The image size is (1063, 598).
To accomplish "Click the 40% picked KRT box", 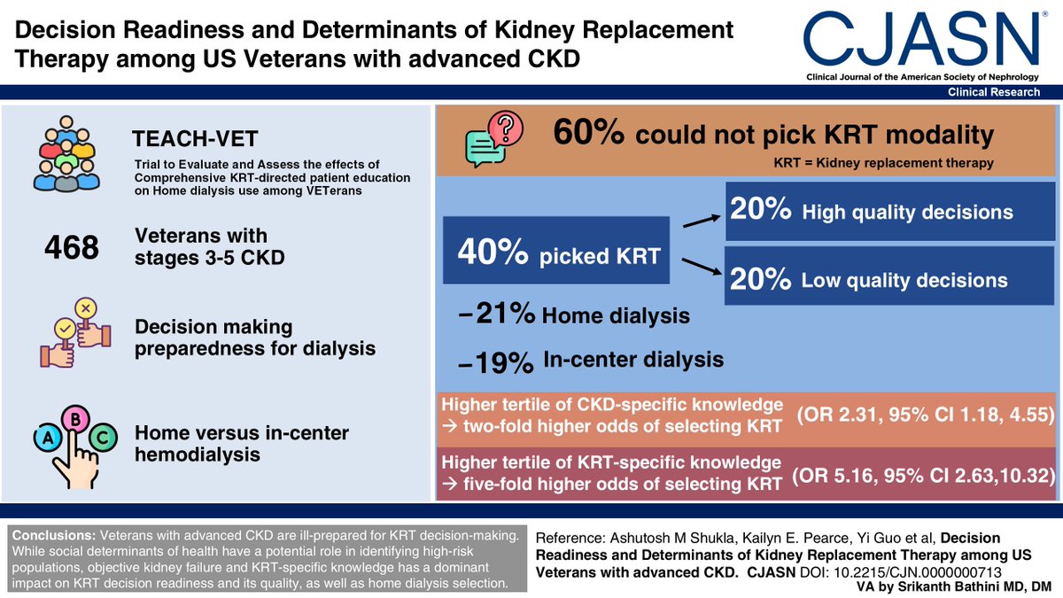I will (555, 253).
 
